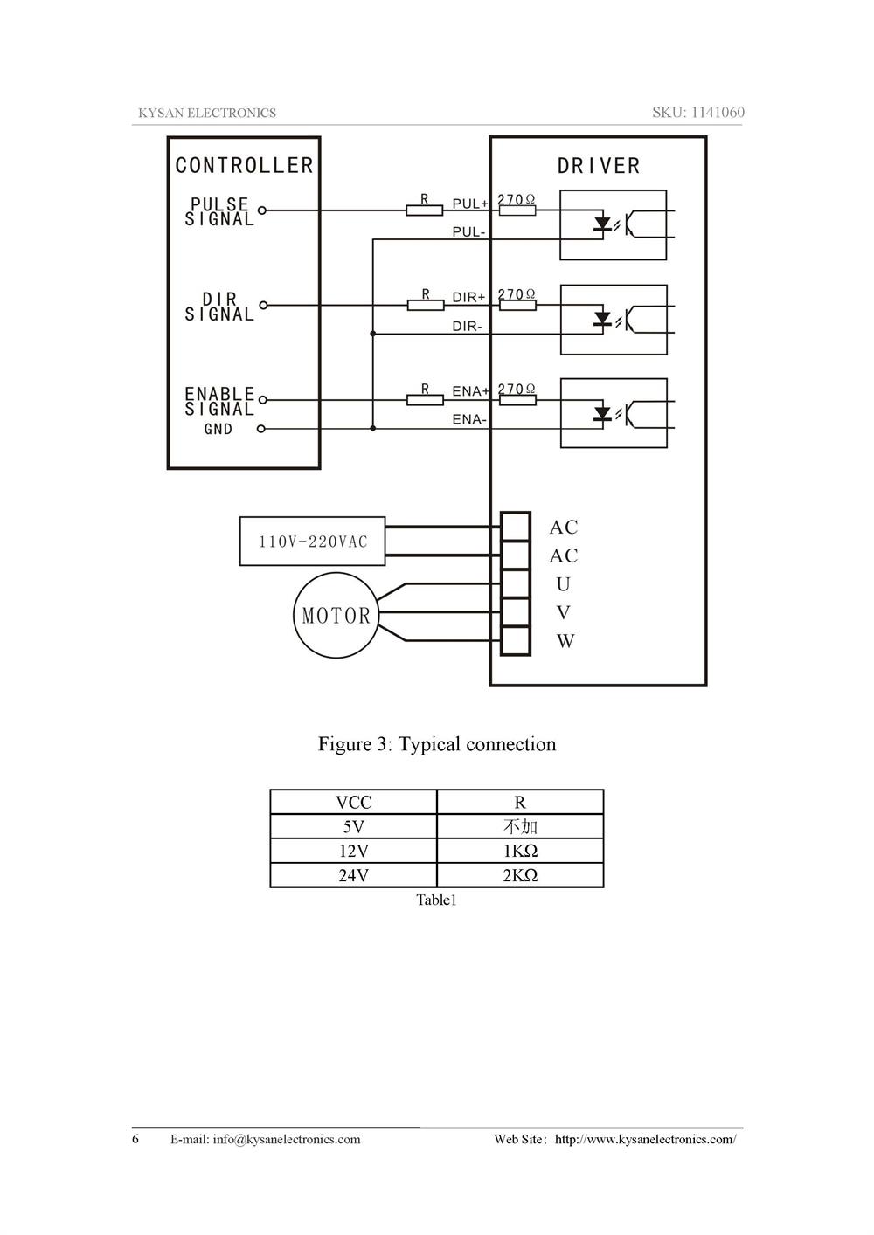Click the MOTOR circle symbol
coord(336,616)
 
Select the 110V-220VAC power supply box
coord(312,542)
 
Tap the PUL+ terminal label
coord(469,204)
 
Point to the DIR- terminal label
coord(468,327)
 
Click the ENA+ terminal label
coord(470,391)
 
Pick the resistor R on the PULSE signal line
coord(425,210)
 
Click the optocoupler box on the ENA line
coord(614,413)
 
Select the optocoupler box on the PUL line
coord(614,224)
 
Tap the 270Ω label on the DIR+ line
coord(517,294)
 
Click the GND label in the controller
coord(218,429)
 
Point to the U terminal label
coord(563,584)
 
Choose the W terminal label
coord(565,641)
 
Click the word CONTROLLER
coord(244,165)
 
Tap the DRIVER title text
coord(599,166)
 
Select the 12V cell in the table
coord(353,851)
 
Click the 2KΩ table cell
coord(520,875)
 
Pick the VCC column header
coord(353,802)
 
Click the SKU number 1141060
coord(718,112)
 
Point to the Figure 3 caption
coord(437,744)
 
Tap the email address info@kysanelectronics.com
coord(286,1139)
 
